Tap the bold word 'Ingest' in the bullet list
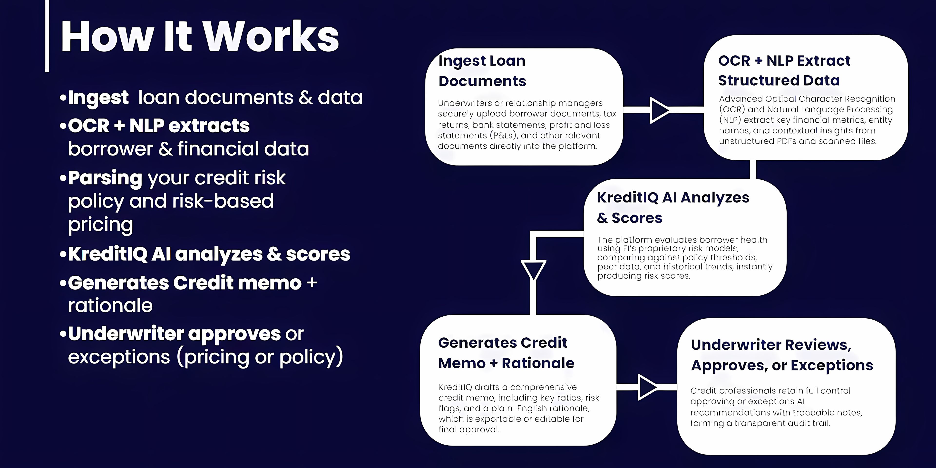point(98,97)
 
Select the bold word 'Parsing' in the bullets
point(105,178)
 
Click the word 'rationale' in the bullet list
point(110,305)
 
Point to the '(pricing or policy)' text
point(260,357)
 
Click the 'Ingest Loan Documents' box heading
point(482,71)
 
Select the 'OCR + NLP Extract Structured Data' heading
point(784,70)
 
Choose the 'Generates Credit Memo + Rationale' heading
point(506,353)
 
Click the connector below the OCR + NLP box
point(753,169)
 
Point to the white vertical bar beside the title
point(47,36)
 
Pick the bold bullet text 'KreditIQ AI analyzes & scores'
point(209,254)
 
